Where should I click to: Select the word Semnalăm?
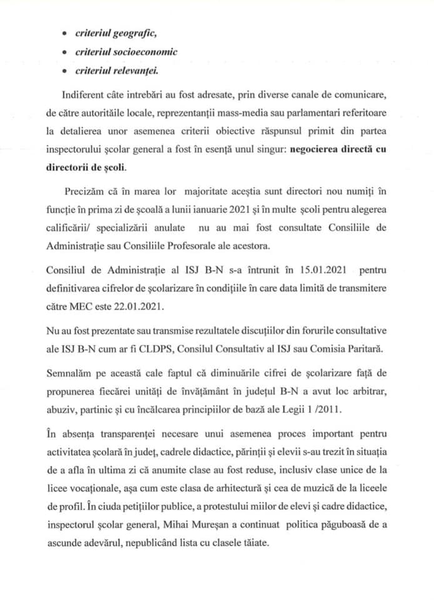point(71,373)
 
